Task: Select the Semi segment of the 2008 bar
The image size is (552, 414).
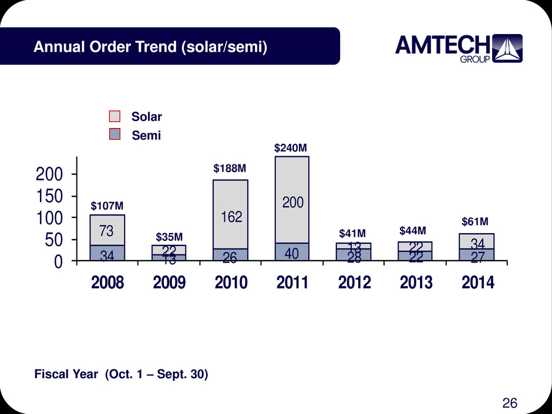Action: pos(107,253)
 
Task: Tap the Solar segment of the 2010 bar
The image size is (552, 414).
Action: pos(230,214)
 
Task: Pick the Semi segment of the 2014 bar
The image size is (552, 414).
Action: pos(476,255)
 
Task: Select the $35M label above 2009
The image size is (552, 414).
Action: pos(169,237)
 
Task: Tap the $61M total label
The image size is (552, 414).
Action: pos(474,221)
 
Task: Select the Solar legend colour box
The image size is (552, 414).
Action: pos(116,117)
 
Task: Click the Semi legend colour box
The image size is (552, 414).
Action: pos(116,134)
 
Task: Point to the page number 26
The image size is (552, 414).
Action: pos(510,402)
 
